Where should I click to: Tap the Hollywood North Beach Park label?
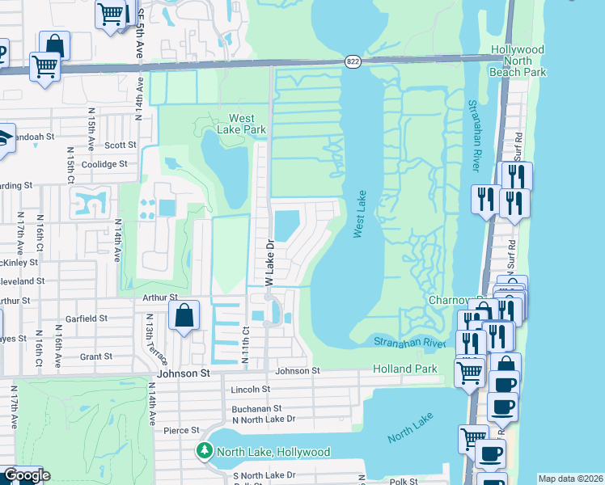click(518, 61)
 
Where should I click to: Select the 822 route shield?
click(353, 61)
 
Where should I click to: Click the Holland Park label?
click(404, 369)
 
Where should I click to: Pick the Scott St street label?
click(120, 145)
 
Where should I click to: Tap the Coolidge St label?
click(106, 164)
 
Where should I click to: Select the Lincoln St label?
click(250, 390)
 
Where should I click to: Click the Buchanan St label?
click(256, 409)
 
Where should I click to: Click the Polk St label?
click(402, 481)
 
